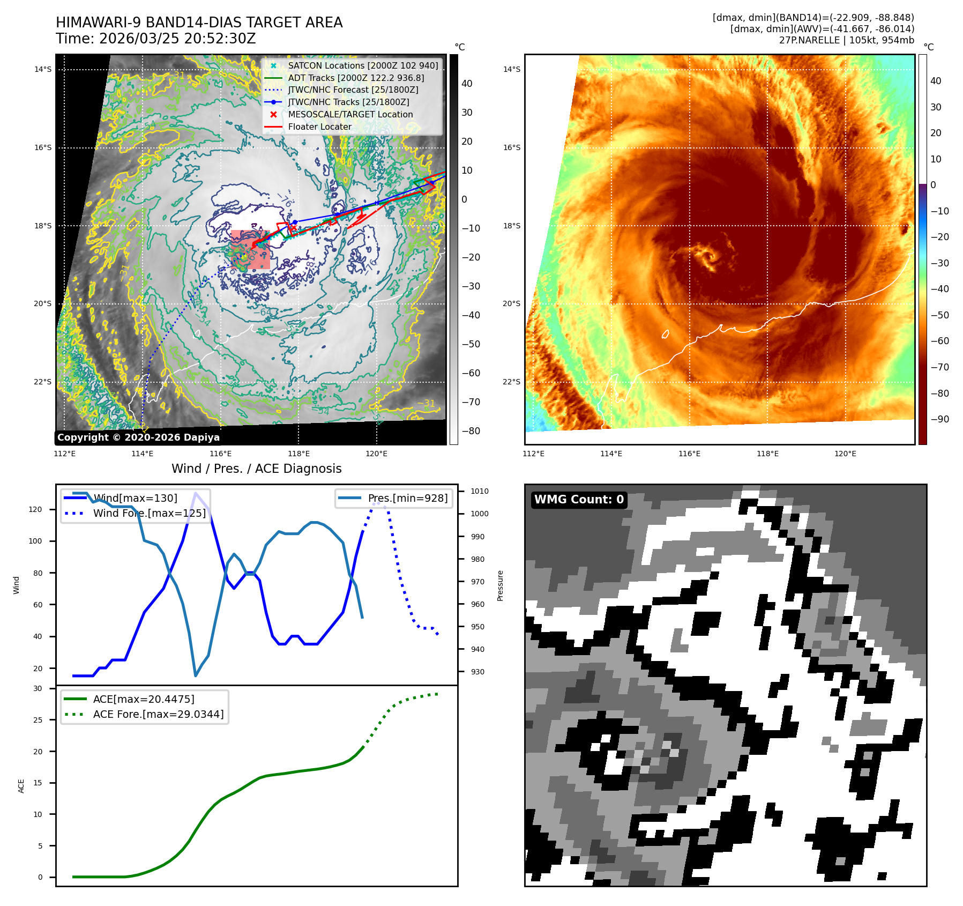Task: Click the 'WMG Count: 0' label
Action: [x=579, y=500]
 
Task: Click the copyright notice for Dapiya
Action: [x=138, y=437]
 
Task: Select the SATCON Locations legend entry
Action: [x=363, y=65]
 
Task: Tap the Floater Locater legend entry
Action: [x=320, y=127]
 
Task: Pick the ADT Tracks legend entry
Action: [x=356, y=78]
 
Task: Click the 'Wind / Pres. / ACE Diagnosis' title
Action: [x=256, y=469]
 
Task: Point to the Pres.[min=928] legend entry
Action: [x=407, y=498]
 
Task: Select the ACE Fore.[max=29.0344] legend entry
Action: [x=158, y=714]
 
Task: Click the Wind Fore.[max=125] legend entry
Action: [x=149, y=513]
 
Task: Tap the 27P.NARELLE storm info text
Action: [x=846, y=40]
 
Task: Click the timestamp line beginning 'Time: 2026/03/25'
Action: [x=155, y=39]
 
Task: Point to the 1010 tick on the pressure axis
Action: [x=479, y=491]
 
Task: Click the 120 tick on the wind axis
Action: [x=35, y=509]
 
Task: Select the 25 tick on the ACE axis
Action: [x=38, y=720]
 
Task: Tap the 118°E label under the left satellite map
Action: [x=298, y=454]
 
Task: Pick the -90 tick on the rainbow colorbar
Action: [x=939, y=419]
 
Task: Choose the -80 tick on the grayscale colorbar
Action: [x=471, y=431]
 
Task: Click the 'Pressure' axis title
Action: [x=500, y=585]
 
